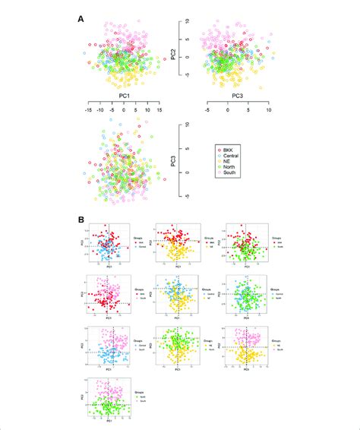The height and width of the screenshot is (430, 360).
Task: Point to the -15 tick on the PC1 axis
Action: click(x=89, y=109)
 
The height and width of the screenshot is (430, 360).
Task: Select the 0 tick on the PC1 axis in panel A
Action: click(x=124, y=109)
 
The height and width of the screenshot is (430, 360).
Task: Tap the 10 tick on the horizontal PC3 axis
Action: click(x=268, y=109)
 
